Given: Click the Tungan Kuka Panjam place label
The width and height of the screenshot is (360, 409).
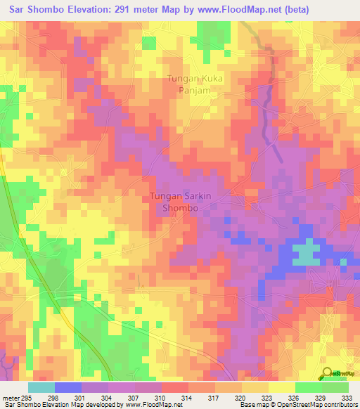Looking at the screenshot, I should pyautogui.click(x=195, y=84).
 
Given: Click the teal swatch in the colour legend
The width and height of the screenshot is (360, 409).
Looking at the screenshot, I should pyautogui.click(x=41, y=387).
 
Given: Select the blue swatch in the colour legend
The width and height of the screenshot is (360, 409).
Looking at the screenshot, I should pyautogui.click(x=68, y=387).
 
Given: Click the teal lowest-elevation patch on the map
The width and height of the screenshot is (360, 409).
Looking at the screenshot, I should pyautogui.click(x=304, y=252).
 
